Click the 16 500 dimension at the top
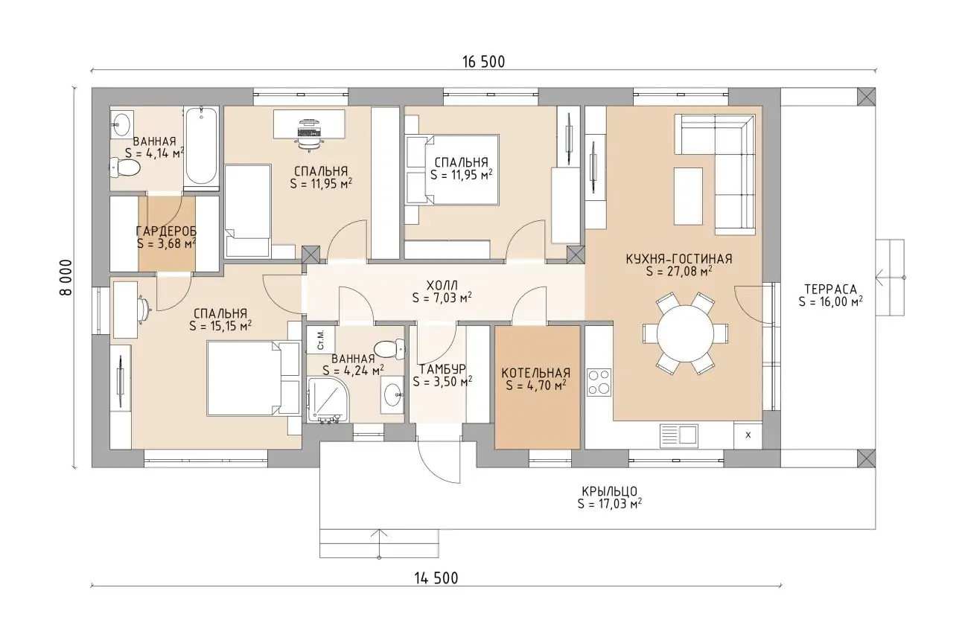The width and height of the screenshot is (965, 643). pos(483,62)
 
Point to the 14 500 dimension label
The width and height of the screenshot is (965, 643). pos(436,578)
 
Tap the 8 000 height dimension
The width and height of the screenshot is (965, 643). pos(66,278)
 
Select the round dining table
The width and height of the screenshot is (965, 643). pos(685,333)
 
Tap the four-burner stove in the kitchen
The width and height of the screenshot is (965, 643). pos(599,382)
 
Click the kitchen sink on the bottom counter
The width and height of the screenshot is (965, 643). pos(678,436)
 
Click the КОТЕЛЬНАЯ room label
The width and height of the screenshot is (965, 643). pos(536,373)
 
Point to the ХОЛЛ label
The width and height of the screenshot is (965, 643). pos(442,285)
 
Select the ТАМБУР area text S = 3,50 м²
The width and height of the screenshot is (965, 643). pos(442,382)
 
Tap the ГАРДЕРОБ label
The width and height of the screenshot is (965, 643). pos(166,231)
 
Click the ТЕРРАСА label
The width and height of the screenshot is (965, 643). pos(830,289)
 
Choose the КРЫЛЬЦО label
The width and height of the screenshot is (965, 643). pos(609,491)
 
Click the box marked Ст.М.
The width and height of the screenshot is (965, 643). pos(320,340)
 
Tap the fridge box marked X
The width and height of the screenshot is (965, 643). pos(748,435)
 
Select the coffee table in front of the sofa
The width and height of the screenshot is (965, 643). pos(688,196)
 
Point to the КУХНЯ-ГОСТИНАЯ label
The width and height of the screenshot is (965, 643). pos(679,259)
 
